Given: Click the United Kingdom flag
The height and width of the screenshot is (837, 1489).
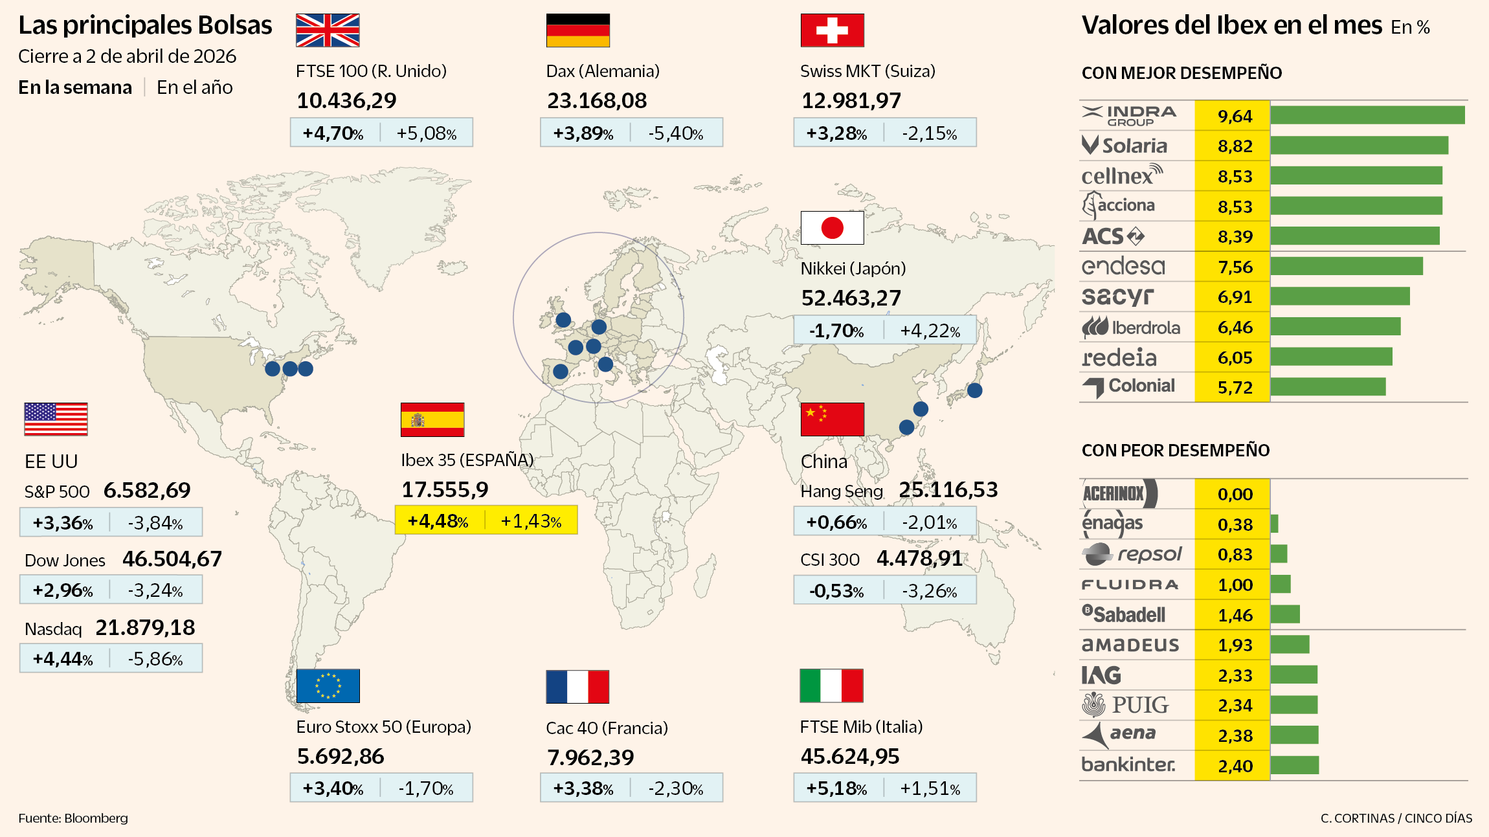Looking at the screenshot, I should pyautogui.click(x=328, y=30).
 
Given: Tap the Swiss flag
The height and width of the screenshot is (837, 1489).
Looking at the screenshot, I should pyautogui.click(x=832, y=30).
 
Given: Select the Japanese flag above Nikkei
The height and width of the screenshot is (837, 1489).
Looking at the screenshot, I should pyautogui.click(x=832, y=228).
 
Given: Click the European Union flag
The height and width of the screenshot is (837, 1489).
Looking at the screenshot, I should pyautogui.click(x=328, y=686).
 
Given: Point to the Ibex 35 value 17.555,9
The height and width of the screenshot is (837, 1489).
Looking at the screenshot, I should pyautogui.click(x=445, y=490).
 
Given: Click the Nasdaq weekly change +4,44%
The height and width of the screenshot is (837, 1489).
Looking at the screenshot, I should pyautogui.click(x=63, y=659).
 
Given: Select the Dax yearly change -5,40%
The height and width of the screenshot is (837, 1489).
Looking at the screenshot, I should pyautogui.click(x=675, y=133).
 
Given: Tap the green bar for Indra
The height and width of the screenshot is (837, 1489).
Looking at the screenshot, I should pyautogui.click(x=1367, y=115).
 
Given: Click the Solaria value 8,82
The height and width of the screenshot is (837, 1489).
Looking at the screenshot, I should pyautogui.click(x=1235, y=146).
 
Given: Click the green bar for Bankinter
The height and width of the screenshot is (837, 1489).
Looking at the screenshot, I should pyautogui.click(x=1294, y=765).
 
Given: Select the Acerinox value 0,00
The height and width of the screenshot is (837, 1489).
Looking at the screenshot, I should pyautogui.click(x=1235, y=495).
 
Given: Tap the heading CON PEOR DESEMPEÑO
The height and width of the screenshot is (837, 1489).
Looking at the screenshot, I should pyautogui.click(x=1175, y=451).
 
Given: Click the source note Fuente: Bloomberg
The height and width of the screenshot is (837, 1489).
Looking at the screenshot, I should pyautogui.click(x=73, y=818).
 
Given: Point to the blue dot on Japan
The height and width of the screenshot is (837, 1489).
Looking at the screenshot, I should pyautogui.click(x=974, y=390).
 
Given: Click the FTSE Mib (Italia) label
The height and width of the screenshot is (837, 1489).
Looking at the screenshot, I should pyautogui.click(x=861, y=727).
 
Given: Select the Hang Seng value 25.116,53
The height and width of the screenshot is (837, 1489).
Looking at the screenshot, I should pyautogui.click(x=948, y=490).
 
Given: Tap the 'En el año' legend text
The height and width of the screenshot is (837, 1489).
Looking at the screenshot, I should pyautogui.click(x=194, y=87).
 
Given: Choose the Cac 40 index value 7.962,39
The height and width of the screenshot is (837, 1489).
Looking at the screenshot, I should pyautogui.click(x=590, y=757).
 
